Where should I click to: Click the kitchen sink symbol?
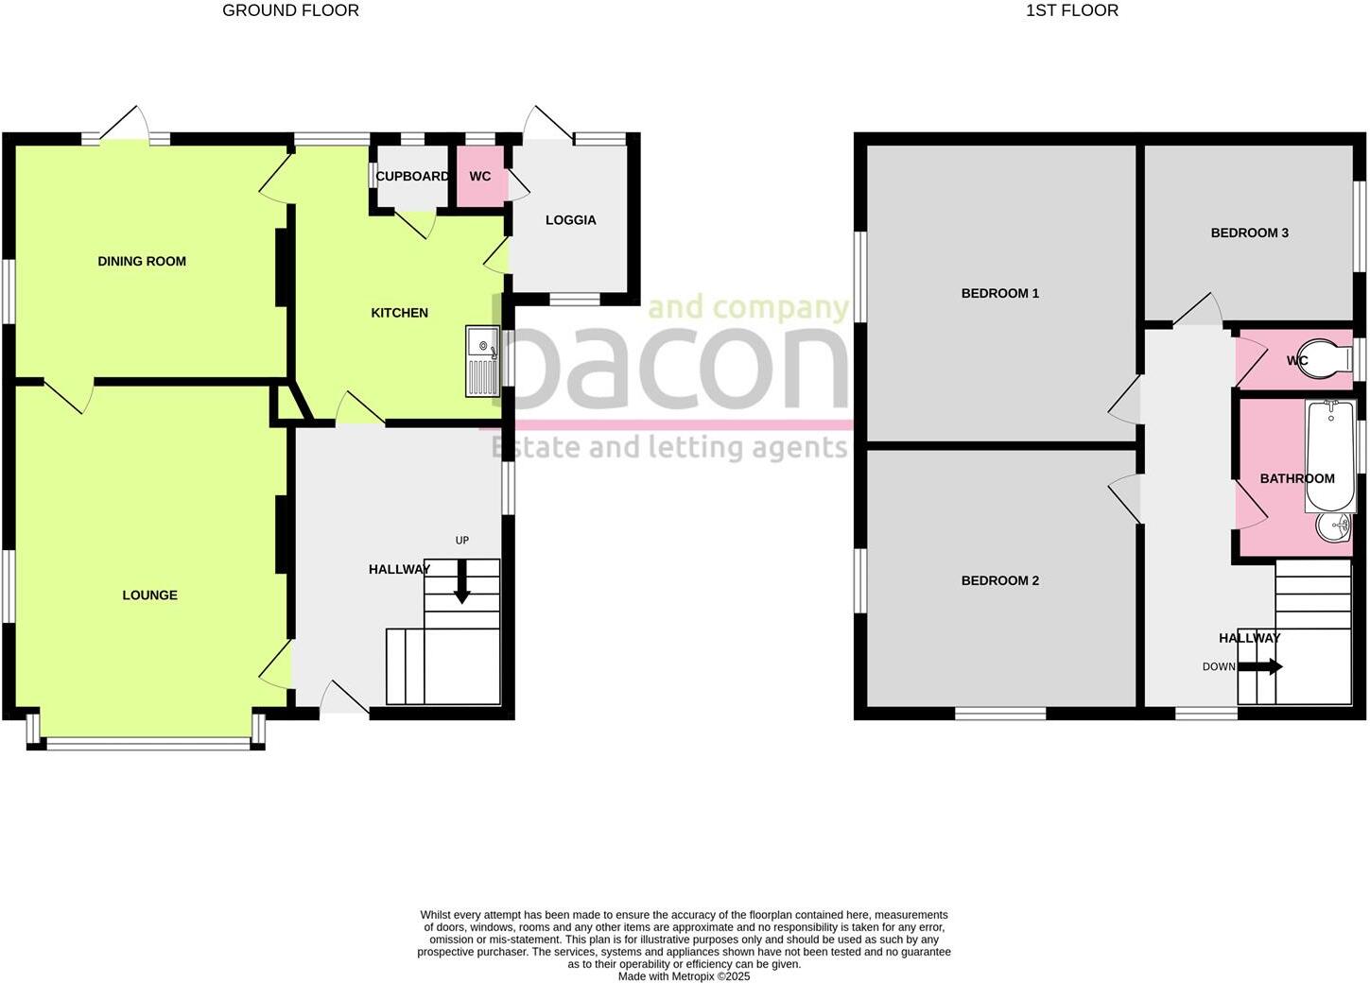coord(482,361)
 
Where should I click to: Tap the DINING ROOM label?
coord(142,262)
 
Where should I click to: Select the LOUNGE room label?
coord(149,595)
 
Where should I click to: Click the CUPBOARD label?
coord(412,177)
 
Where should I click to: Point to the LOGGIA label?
coord(570,220)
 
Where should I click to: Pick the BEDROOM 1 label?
coord(999,294)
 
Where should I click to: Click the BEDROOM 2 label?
coord(999,581)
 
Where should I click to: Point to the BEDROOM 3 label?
coord(1249,233)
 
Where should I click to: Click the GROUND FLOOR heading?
coord(290,11)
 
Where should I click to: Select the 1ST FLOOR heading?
coord(1071,11)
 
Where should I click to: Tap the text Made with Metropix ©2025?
coord(684,976)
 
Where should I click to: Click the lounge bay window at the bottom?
coord(148,744)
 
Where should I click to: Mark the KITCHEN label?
coord(399,313)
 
